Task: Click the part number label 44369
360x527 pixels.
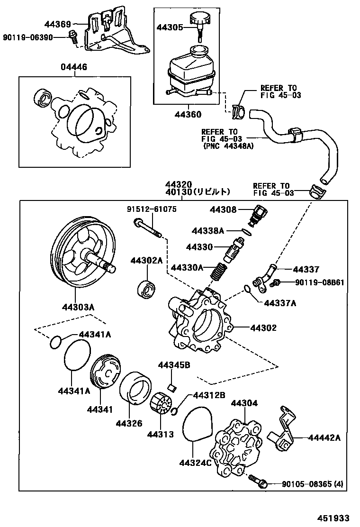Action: [58, 24]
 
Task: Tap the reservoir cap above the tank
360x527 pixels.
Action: [200, 20]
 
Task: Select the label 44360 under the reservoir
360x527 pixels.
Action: [188, 114]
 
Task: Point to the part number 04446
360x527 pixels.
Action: [73, 67]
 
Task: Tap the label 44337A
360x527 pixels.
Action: [280, 303]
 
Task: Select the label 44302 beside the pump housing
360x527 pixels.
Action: [263, 327]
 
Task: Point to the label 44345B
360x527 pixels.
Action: [174, 365]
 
